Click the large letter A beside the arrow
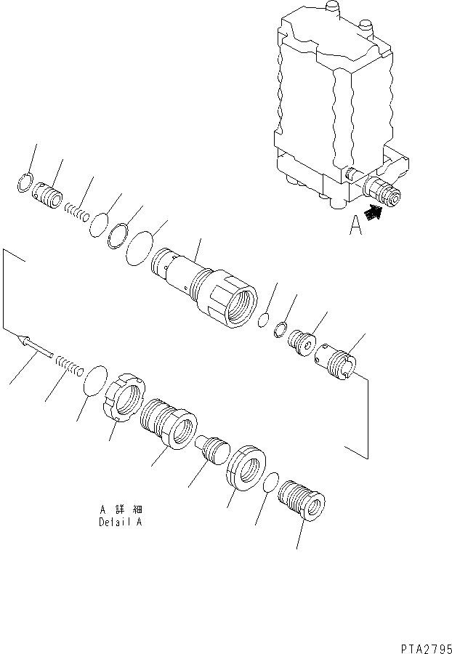coord(355,227)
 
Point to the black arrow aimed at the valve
coord(374,214)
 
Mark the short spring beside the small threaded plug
coord(76,212)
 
